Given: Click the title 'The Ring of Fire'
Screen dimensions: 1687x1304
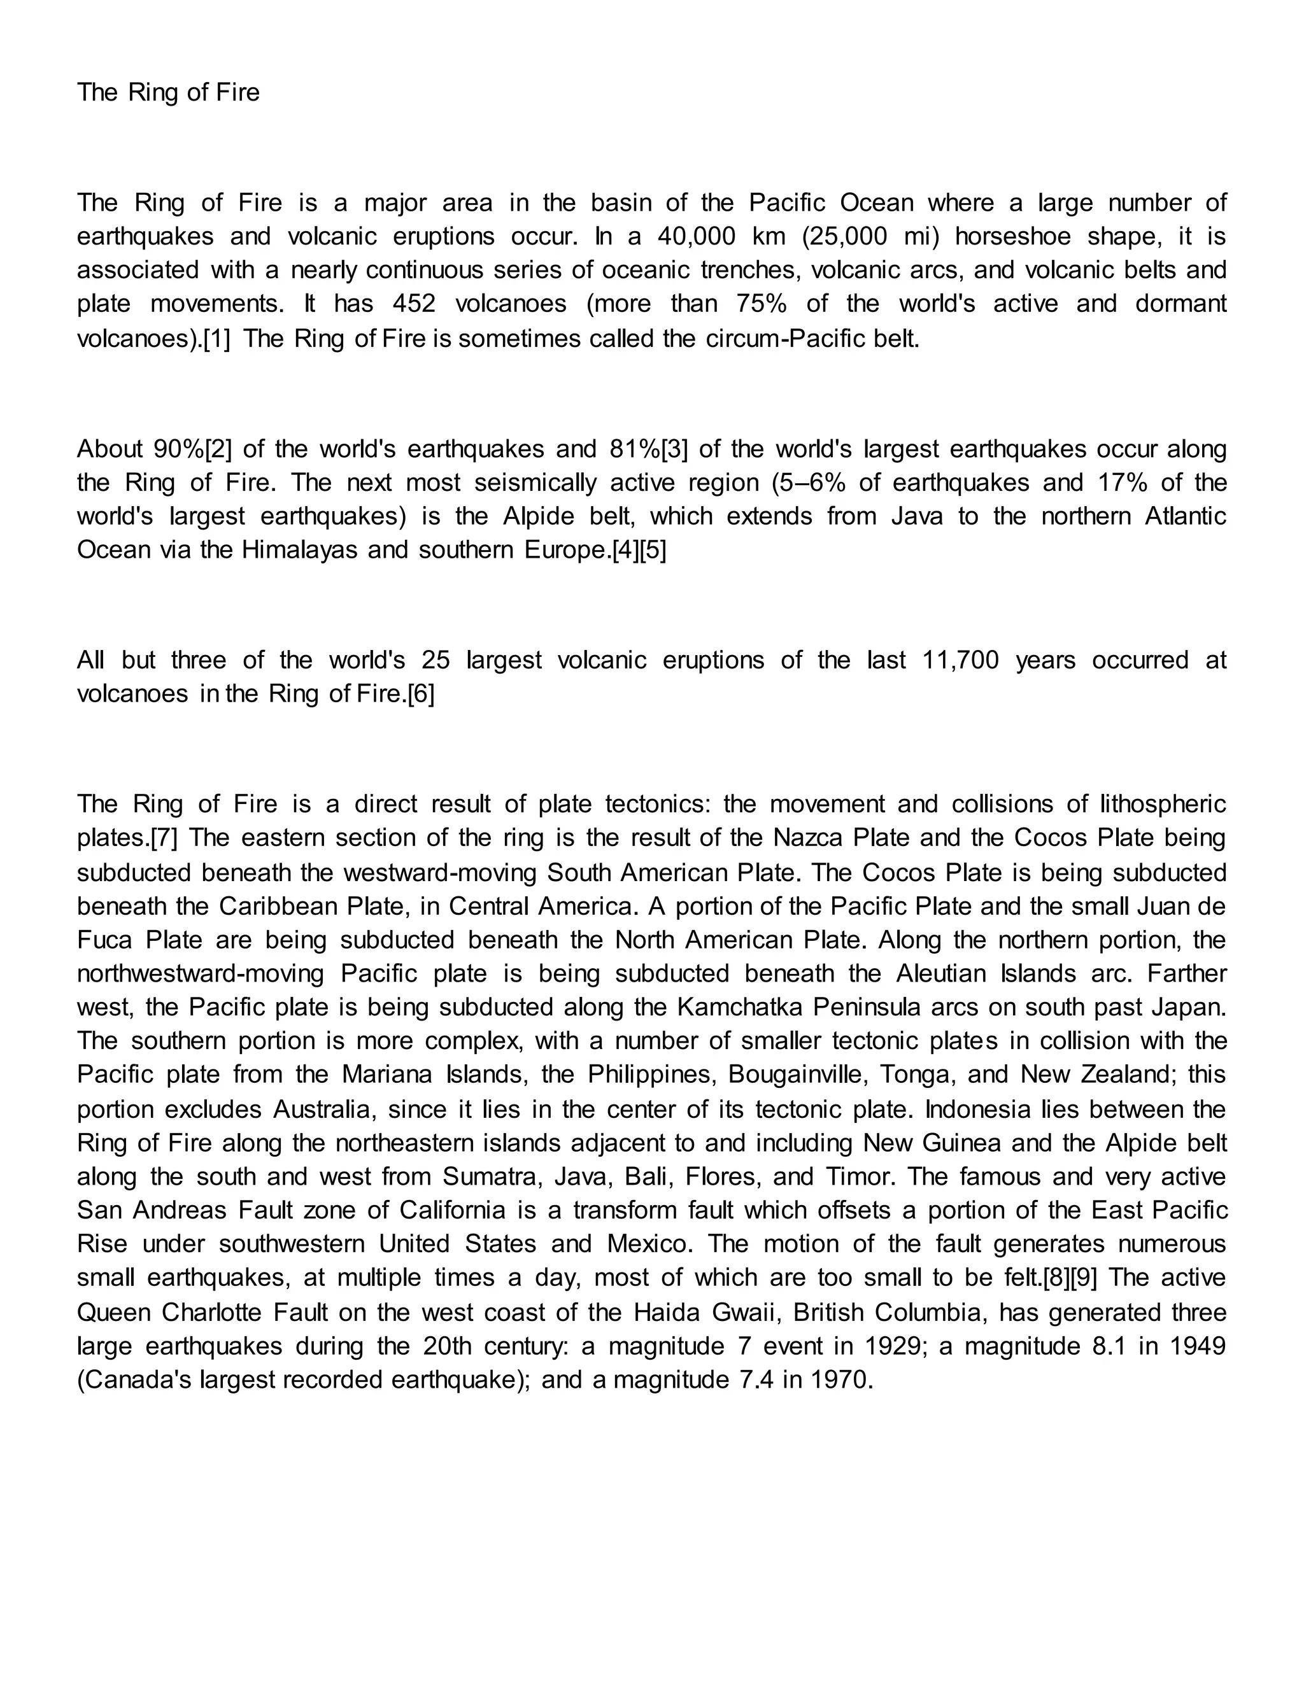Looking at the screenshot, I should coord(168,93).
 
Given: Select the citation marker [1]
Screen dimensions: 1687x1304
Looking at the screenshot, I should coord(216,338).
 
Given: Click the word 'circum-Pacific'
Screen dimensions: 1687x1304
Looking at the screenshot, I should coord(782,338).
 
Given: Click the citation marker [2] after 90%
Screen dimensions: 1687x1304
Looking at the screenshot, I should coord(218,449).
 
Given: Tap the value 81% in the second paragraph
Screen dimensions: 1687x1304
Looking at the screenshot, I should coord(635,449).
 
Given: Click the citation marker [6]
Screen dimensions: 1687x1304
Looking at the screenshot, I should coord(421,694).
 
